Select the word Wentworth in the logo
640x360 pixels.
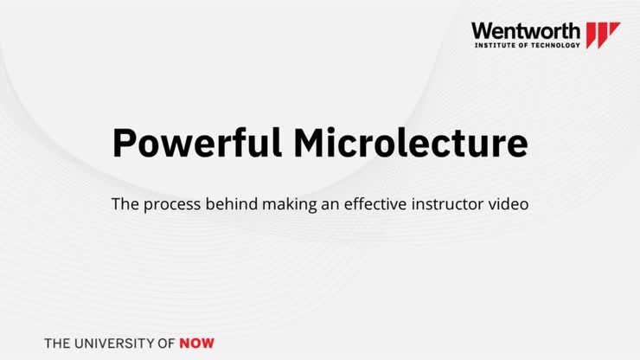[526, 31]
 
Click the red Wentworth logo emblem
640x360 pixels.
[603, 35]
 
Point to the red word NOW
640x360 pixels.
[197, 343]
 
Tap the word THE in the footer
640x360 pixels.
[58, 343]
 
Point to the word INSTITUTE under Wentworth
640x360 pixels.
[495, 45]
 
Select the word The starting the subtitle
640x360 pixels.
[124, 206]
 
